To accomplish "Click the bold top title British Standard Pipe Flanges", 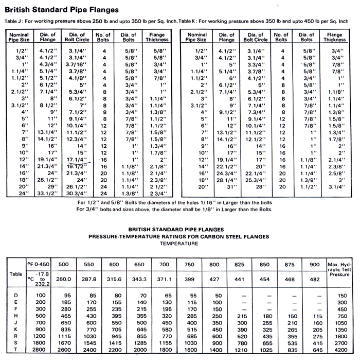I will (x=61, y=9).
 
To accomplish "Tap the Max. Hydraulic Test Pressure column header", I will (x=337, y=268).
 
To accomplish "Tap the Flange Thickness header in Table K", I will (x=334, y=37).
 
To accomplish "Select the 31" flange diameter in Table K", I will (x=229, y=186).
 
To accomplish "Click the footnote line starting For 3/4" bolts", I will (x=179, y=209).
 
